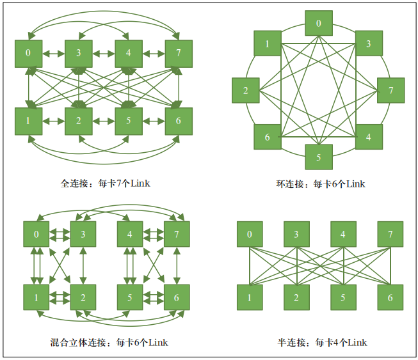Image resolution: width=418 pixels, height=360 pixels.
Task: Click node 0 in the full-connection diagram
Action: click(28, 53)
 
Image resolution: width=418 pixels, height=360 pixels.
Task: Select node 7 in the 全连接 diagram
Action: click(179, 53)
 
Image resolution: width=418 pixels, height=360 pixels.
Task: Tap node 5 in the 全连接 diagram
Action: click(129, 121)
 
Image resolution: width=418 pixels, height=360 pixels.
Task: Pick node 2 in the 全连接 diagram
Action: click(79, 121)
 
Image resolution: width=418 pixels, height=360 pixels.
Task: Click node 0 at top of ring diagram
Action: click(319, 24)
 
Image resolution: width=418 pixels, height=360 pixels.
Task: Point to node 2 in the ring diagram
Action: click(246, 90)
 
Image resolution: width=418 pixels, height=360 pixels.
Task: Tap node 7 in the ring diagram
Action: click(390, 90)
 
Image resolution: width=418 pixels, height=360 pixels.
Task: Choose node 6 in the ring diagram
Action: click(268, 137)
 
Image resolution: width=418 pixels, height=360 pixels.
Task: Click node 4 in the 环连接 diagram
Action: click(369, 137)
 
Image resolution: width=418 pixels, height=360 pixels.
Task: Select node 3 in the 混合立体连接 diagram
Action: click(83, 235)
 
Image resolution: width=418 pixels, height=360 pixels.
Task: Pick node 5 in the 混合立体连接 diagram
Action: click(130, 298)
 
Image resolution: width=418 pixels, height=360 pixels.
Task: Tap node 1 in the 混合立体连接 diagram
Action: click(36, 298)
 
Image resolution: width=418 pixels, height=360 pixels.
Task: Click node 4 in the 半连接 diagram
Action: click(344, 235)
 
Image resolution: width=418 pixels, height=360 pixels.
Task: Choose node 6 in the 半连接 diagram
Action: click(390, 298)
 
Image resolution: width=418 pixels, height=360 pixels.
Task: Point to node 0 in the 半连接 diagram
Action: click(250, 235)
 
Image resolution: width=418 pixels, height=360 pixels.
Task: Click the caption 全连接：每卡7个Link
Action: click(106, 184)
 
